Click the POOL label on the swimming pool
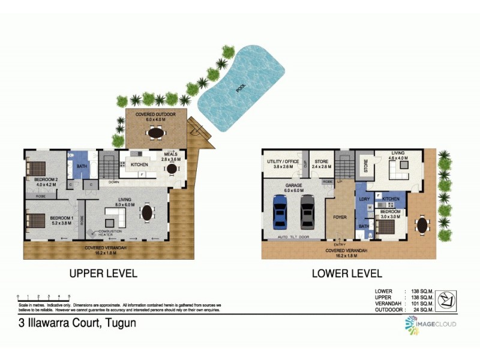[x=241, y=89]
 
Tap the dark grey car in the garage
[x=307, y=212]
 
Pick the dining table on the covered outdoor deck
[x=156, y=133]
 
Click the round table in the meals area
[x=172, y=169]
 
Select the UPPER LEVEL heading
[x=103, y=274]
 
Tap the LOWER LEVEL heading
[x=347, y=274]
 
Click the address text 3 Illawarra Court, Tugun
[x=77, y=323]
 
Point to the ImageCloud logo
[x=430, y=324]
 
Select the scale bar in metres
[x=44, y=296]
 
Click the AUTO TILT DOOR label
[x=294, y=237]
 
